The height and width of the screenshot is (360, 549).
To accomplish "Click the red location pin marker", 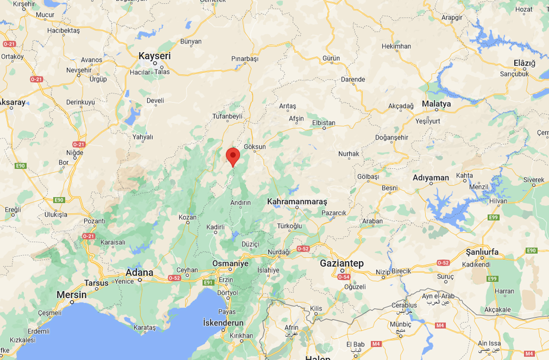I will tap(233, 156).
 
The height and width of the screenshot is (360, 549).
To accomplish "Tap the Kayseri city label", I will tap(155, 56).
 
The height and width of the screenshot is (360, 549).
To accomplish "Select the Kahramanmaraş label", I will tap(297, 201).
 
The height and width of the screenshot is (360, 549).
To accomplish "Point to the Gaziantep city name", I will tap(342, 263).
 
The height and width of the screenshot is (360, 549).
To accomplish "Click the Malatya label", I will tap(436, 104).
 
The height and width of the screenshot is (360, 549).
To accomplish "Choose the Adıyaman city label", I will tap(431, 177).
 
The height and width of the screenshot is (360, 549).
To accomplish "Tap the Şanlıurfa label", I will tap(482, 252).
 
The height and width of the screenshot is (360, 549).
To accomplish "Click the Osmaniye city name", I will tap(230, 263).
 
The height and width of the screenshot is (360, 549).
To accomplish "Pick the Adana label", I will tap(140, 273).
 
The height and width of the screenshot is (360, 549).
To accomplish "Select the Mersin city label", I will tap(71, 295).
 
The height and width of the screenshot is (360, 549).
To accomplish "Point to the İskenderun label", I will tap(223, 323).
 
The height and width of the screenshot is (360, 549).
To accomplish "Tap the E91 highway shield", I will tap(208, 283).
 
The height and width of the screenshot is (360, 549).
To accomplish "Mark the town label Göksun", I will tap(255, 147).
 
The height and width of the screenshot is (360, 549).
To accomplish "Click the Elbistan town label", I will tap(323, 123).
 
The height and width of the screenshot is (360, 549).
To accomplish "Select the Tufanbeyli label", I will tap(227, 116).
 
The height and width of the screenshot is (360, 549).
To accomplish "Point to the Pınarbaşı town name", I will tap(245, 59).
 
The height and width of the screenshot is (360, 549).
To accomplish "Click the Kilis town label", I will tap(316, 309).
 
